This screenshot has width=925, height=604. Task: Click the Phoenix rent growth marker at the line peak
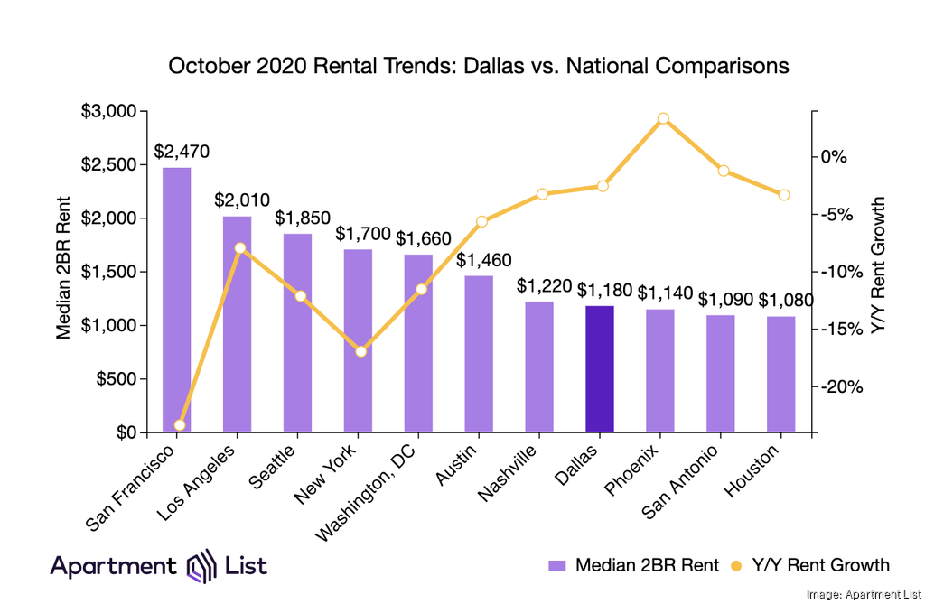(x=663, y=118)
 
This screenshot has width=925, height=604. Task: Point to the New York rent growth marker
(x=361, y=351)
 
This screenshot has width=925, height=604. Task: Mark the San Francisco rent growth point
(x=180, y=424)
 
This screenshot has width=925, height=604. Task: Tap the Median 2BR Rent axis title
(x=63, y=271)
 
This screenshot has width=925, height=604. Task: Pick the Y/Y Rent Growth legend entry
(x=810, y=566)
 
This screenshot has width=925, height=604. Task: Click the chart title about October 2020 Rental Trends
(x=479, y=66)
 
